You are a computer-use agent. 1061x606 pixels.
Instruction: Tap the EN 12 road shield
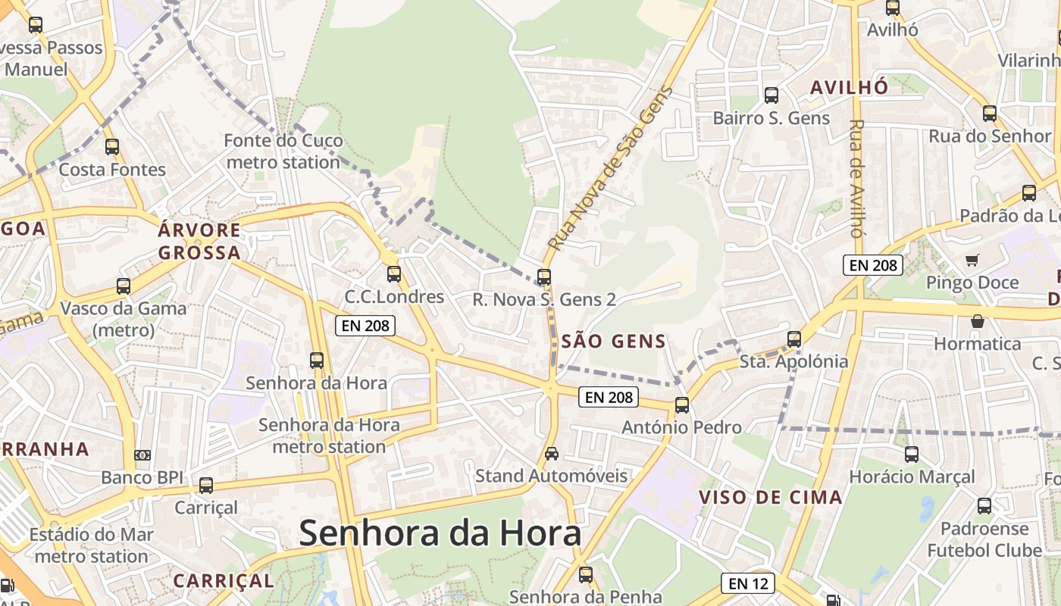[x=748, y=583]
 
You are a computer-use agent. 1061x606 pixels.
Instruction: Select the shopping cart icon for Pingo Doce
[x=972, y=261]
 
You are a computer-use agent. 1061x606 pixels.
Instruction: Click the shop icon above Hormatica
[x=978, y=321]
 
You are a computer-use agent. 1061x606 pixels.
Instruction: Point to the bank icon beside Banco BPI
[x=142, y=455]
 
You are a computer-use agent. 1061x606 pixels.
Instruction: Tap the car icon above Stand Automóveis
[x=552, y=454]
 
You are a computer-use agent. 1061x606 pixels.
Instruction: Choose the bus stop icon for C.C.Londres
[x=393, y=274]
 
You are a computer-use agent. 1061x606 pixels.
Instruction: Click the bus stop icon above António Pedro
[x=682, y=405]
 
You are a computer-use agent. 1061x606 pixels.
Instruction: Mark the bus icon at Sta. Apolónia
[x=794, y=339]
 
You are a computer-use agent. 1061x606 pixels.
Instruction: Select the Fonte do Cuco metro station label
[x=283, y=151]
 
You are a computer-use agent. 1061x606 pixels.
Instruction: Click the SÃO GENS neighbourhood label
[x=614, y=342]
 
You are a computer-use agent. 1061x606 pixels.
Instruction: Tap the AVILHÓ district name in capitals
[x=849, y=88]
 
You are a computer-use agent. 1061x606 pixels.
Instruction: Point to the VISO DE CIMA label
[x=771, y=498]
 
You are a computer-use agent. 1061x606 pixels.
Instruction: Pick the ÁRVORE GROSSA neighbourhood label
[x=199, y=241]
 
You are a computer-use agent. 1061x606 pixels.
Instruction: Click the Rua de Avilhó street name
[x=856, y=179]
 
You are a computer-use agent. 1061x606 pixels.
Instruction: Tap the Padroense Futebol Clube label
[x=984, y=539]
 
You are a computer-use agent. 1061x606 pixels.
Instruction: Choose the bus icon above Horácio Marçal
[x=912, y=454]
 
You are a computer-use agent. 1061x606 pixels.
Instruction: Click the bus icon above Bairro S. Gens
[x=771, y=95]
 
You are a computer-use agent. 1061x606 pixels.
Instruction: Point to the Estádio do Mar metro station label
[x=92, y=545]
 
